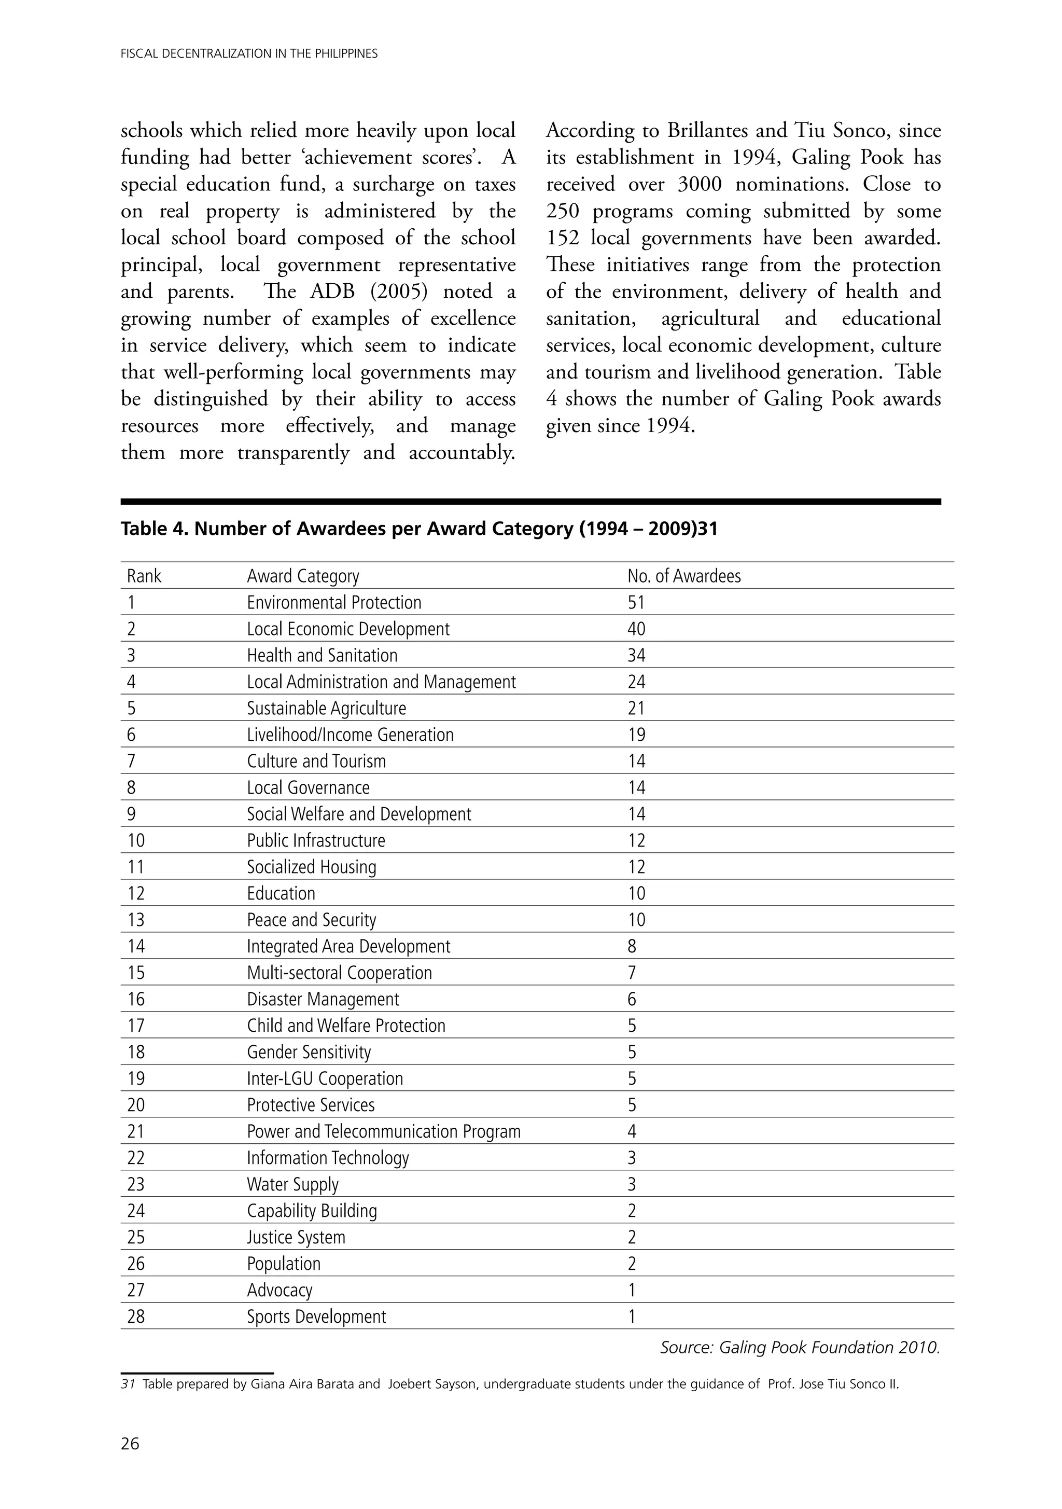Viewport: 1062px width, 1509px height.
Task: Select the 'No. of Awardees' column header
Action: tap(683, 576)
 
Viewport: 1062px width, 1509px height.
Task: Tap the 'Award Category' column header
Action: tap(303, 576)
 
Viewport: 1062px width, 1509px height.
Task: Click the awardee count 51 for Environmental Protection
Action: tap(636, 603)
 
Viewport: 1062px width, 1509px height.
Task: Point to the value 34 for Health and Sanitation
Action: tap(636, 655)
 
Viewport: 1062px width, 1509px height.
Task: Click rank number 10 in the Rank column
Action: tap(135, 840)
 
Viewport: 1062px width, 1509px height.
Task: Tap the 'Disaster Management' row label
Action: tap(323, 999)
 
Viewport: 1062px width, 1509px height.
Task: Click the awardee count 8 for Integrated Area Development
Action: tap(632, 946)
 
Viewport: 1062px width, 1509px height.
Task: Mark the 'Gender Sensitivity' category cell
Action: tap(309, 1052)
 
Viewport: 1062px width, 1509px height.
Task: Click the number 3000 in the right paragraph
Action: tap(699, 184)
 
